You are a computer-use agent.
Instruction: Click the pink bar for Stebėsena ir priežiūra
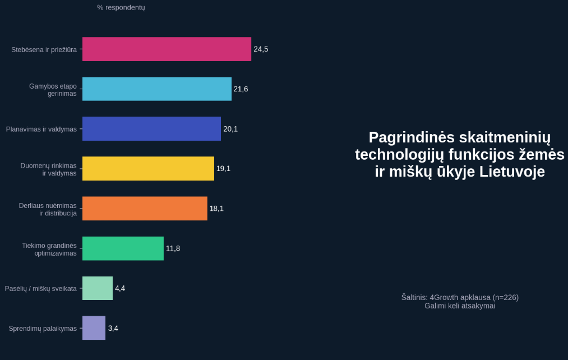(x=167, y=49)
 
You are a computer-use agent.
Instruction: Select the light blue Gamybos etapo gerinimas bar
(x=157, y=89)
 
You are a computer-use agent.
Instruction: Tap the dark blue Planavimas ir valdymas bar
(x=151, y=129)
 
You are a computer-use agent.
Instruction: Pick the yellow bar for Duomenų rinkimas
(x=148, y=169)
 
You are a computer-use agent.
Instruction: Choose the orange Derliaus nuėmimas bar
(x=145, y=209)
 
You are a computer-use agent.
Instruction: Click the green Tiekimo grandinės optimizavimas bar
(x=123, y=248)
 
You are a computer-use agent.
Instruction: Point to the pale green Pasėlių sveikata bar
(x=98, y=288)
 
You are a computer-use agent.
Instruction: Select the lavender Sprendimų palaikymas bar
(x=94, y=328)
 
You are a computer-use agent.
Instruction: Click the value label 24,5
(x=261, y=49)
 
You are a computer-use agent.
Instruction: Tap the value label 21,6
(x=241, y=89)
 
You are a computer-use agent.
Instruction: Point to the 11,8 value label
(x=173, y=248)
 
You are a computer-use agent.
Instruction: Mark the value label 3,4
(x=113, y=328)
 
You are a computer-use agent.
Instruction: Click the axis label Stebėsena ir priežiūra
(x=44, y=50)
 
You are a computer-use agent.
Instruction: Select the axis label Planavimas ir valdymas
(x=41, y=130)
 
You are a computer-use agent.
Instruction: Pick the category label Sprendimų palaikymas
(x=43, y=329)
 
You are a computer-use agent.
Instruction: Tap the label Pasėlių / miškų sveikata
(x=40, y=289)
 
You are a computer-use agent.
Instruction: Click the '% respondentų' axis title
(x=121, y=7)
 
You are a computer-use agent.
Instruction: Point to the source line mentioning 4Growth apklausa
(x=460, y=297)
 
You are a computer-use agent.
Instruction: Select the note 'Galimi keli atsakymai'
(x=460, y=306)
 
